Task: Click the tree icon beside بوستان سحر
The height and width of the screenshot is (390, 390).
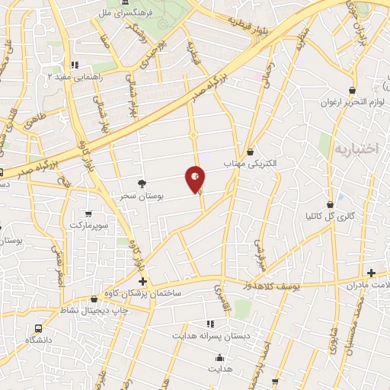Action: click(x=142, y=183)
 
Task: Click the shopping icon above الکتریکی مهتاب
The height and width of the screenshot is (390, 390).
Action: click(x=250, y=152)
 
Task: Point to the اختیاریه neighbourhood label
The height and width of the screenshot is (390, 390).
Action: click(x=356, y=149)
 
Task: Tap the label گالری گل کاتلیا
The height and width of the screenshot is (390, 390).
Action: click(x=334, y=217)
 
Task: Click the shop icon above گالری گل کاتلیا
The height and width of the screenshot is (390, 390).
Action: click(x=330, y=204)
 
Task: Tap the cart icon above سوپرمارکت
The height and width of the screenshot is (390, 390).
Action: click(x=89, y=213)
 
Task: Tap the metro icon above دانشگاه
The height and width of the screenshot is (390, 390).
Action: click(x=37, y=327)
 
